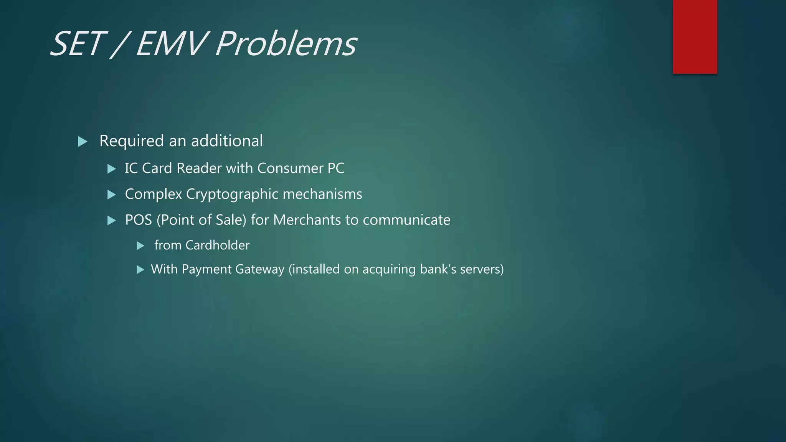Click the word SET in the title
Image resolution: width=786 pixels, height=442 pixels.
(x=77, y=44)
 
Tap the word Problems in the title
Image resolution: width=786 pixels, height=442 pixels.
(x=286, y=44)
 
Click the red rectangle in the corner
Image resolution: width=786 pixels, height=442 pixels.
(x=695, y=37)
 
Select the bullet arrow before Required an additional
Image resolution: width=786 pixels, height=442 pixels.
(x=83, y=142)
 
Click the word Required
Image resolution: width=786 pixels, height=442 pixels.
(x=132, y=141)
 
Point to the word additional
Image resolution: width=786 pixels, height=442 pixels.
(x=227, y=141)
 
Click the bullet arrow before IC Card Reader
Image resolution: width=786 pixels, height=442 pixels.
(x=112, y=169)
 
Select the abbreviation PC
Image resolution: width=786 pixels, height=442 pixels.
(x=336, y=168)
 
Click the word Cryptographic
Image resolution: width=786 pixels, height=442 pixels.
(x=232, y=195)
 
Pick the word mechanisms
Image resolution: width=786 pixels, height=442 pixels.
(x=322, y=194)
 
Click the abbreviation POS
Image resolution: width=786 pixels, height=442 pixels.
(x=139, y=220)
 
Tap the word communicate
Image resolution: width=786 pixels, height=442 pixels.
(x=406, y=220)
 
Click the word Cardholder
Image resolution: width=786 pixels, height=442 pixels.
(x=217, y=245)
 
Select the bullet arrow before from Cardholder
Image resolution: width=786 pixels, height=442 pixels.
(x=140, y=246)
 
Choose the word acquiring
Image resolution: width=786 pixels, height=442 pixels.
(x=389, y=270)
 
